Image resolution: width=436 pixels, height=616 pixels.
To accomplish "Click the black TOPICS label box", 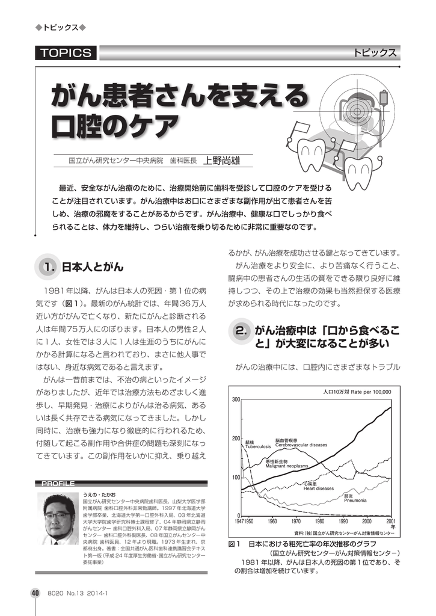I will click(65, 53).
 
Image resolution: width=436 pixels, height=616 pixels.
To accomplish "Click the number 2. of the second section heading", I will click(242, 330).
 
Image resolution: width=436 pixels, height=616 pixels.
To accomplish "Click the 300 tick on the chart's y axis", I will click(236, 400).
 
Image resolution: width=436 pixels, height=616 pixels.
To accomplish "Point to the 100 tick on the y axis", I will click(236, 478).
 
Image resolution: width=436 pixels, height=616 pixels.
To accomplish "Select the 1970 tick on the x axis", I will click(296, 522).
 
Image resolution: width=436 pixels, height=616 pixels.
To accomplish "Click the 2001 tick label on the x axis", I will click(391, 522).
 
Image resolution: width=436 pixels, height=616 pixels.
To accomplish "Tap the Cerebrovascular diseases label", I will click(301, 445).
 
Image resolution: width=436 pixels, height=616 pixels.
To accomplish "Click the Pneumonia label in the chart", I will click(355, 500).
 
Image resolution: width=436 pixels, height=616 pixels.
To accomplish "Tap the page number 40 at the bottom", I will click(35, 593).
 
